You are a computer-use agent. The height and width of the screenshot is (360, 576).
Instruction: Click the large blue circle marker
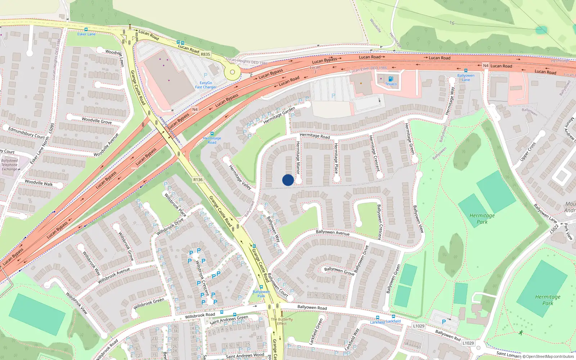pyautogui.click(x=288, y=180)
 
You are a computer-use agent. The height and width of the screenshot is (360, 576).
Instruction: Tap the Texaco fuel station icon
pyautogui.click(x=391, y=78)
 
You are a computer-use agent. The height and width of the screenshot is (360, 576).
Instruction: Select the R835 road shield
pyautogui.click(x=205, y=54)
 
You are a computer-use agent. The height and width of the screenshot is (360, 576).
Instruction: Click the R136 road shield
pyautogui.click(x=198, y=180)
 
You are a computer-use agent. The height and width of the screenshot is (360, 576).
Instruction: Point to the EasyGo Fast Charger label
pyautogui.click(x=206, y=85)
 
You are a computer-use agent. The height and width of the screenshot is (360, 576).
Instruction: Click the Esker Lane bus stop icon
pyautogui.click(x=86, y=30)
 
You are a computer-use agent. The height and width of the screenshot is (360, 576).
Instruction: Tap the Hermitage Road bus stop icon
pyautogui.click(x=212, y=134)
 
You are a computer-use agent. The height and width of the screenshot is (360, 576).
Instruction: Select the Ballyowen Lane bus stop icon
pyautogui.click(x=466, y=71)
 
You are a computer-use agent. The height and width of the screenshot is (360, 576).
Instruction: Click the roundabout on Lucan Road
pyautogui.click(x=232, y=72)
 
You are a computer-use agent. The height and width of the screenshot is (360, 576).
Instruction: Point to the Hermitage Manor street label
pyautogui.click(x=298, y=158)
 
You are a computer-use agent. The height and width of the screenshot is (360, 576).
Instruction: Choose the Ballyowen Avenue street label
pyautogui.click(x=333, y=233)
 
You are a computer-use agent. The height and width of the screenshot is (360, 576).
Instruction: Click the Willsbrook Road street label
pyautogui.click(x=200, y=316)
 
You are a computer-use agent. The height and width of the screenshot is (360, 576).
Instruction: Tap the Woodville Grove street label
pyautogui.click(x=96, y=121)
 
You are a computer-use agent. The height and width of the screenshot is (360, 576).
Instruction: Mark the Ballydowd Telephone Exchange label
pyautogui.click(x=10, y=165)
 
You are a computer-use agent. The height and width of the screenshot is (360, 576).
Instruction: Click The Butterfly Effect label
pyautogui.click(x=282, y=321)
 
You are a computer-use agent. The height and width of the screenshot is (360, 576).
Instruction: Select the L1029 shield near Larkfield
pyautogui.click(x=418, y=326)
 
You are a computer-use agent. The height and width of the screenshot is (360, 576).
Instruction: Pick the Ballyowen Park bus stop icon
pyautogui.click(x=261, y=287)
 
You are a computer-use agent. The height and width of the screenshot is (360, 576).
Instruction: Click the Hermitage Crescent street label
pyautogui.click(x=374, y=153)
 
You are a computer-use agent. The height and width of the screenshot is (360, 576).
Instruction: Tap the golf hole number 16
pyautogui.click(x=452, y=23)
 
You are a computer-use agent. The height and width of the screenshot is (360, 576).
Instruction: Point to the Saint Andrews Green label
pyautogui.click(x=229, y=320)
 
